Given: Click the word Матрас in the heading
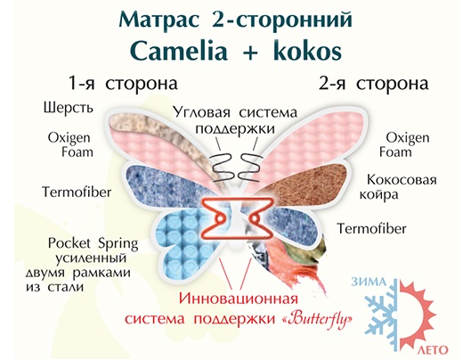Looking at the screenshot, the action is click(x=159, y=20).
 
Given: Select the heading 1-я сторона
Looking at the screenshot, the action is click(x=123, y=83).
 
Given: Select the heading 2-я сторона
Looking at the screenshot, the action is click(x=374, y=83).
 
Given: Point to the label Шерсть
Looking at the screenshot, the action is click(x=69, y=108).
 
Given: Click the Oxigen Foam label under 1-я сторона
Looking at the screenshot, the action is click(x=70, y=144).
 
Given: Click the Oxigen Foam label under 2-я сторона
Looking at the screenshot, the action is click(x=404, y=144).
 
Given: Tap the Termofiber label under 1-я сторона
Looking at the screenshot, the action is click(x=77, y=192).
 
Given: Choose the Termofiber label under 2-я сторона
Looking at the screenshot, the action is click(x=371, y=229).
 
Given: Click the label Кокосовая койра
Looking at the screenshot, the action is click(x=398, y=187).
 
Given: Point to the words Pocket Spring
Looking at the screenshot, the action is click(x=93, y=244).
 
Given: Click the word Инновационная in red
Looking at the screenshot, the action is click(x=239, y=299).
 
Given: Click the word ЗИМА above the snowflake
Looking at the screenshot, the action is click(x=369, y=282).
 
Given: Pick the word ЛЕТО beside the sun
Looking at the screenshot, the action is click(x=433, y=350).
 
